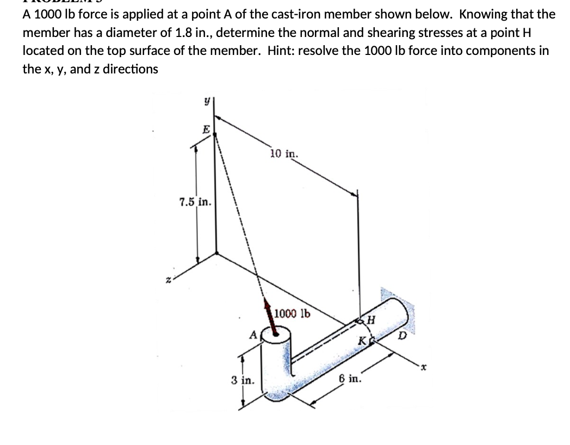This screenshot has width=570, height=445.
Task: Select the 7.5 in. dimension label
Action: coord(195,203)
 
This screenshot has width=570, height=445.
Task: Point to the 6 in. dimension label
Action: coord(349,379)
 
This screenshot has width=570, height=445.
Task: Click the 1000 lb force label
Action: coord(292,313)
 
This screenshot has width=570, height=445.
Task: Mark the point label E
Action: coord(206,129)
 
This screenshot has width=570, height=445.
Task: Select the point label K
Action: coord(361,342)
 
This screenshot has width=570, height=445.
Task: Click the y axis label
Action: coord(207,102)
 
